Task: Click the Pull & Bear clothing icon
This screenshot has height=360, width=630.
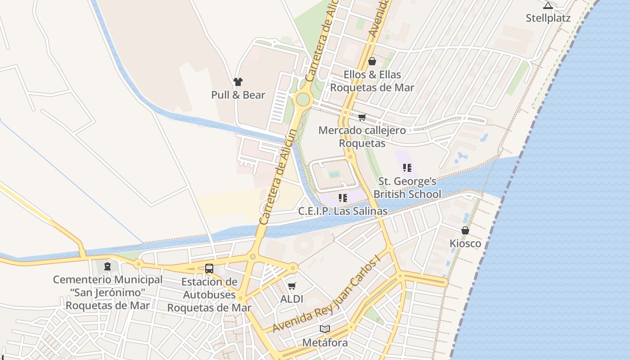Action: click(x=238, y=82)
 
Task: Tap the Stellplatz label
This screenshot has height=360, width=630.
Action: click(x=548, y=18)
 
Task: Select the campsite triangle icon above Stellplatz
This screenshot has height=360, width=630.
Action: click(x=548, y=5)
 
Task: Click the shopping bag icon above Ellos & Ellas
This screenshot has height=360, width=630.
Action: click(x=372, y=61)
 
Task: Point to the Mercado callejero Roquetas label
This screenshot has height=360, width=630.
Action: click(x=362, y=137)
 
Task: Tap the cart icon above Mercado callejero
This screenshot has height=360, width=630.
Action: click(x=362, y=117)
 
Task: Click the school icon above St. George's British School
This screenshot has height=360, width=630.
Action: click(x=407, y=168)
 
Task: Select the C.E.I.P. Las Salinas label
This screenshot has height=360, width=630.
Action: click(x=342, y=211)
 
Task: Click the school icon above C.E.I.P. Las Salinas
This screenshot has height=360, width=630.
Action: click(x=343, y=198)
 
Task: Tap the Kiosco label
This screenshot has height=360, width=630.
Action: click(x=465, y=243)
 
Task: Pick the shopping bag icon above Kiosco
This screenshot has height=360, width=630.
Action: click(x=465, y=230)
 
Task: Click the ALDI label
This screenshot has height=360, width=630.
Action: click(x=292, y=299)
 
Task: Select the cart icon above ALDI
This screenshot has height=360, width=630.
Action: click(x=292, y=286)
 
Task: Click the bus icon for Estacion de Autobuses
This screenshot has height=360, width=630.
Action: click(x=209, y=269)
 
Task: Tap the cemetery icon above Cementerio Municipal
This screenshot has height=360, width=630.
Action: click(x=108, y=266)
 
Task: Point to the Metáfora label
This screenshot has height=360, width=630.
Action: click(x=325, y=343)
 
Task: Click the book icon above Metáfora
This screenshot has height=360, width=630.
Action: click(x=325, y=329)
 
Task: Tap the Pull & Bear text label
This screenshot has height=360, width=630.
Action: click(x=238, y=95)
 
